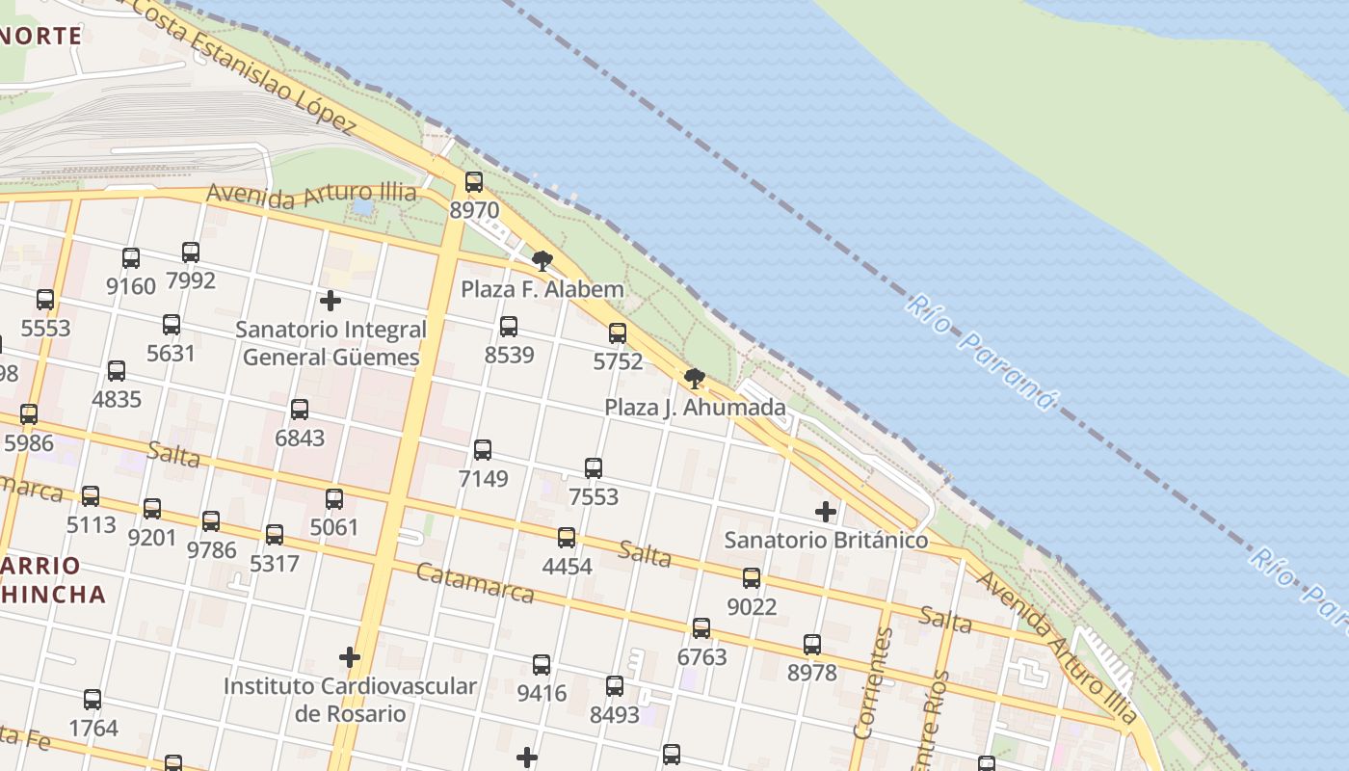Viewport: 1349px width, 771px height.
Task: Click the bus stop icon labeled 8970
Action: (473, 181)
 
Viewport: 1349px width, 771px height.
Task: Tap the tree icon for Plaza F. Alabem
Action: (542, 260)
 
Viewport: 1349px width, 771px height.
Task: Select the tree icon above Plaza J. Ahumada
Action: (694, 378)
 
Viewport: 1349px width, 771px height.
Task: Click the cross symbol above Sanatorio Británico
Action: (826, 511)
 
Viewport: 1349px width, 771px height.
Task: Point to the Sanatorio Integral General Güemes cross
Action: (331, 301)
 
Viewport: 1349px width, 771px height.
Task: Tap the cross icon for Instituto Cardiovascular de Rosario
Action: (350, 657)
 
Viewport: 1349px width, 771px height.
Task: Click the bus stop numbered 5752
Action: (618, 333)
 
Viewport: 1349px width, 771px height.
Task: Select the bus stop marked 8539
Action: (509, 327)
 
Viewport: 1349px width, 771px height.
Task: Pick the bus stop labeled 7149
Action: (483, 449)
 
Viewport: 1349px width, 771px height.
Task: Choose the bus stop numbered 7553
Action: (594, 468)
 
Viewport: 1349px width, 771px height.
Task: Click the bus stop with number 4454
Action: (567, 538)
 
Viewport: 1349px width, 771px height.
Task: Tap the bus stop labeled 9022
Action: (752, 578)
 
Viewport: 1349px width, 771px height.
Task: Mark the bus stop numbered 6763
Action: (701, 628)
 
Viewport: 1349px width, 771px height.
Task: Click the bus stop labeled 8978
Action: (812, 644)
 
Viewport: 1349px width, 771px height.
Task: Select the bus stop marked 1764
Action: (93, 700)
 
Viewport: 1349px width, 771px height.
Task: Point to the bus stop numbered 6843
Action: (300, 410)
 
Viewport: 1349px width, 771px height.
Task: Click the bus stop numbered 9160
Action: (131, 258)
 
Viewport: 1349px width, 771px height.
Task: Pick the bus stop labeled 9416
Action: (542, 665)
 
